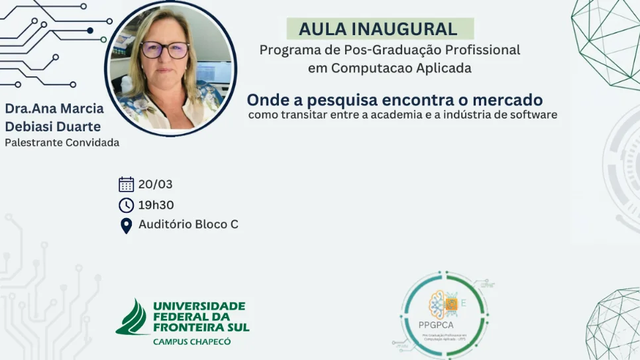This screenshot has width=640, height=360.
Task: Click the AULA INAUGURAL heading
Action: [x=378, y=29]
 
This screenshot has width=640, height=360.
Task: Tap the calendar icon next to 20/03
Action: [x=126, y=184]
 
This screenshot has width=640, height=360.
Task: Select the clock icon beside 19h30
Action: [x=126, y=205]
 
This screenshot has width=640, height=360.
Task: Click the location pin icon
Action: [x=126, y=225]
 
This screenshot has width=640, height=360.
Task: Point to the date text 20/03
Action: [x=155, y=184]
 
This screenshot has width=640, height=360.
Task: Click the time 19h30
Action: [x=156, y=205]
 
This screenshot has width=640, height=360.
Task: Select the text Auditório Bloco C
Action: [x=188, y=224]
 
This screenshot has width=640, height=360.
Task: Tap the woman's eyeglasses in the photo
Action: [x=165, y=50]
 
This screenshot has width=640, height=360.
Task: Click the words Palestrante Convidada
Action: [x=62, y=142]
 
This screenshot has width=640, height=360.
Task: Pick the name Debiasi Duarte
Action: [x=52, y=126]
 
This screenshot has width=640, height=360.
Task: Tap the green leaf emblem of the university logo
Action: [x=133, y=318]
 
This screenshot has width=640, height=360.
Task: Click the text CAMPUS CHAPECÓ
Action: [x=192, y=341]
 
